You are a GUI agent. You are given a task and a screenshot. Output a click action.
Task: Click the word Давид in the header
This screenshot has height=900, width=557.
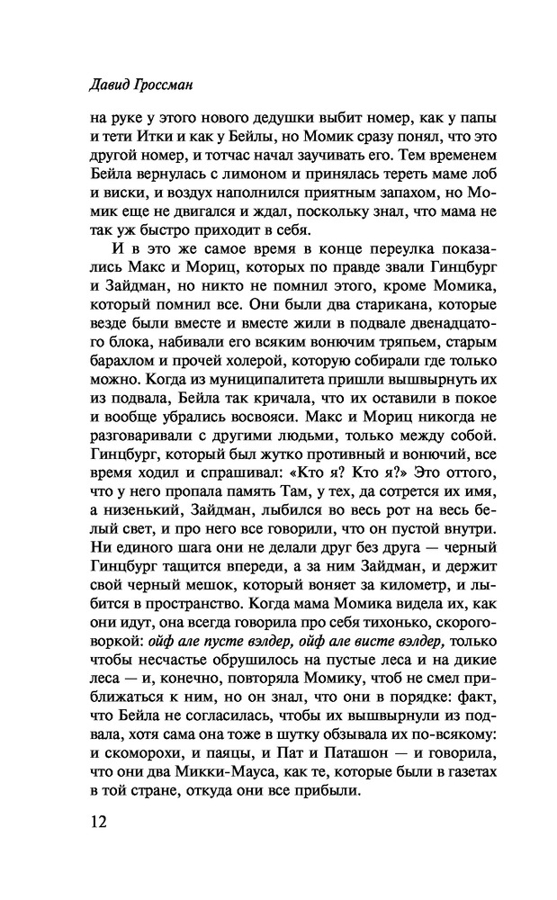(92, 85)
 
